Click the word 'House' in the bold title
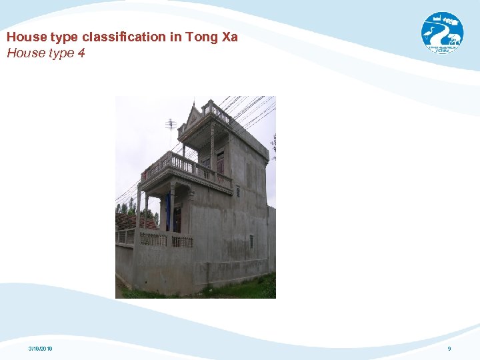tap(24, 37)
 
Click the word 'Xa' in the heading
tap(229, 37)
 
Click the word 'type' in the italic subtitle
tap(57, 53)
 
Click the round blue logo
tap(442, 33)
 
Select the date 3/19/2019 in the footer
tap(41, 349)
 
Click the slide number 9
tap(449, 349)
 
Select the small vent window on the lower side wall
tap(251, 241)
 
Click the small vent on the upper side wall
tap(238, 191)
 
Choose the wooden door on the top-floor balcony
tap(220, 162)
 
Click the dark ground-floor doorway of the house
tap(177, 219)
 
